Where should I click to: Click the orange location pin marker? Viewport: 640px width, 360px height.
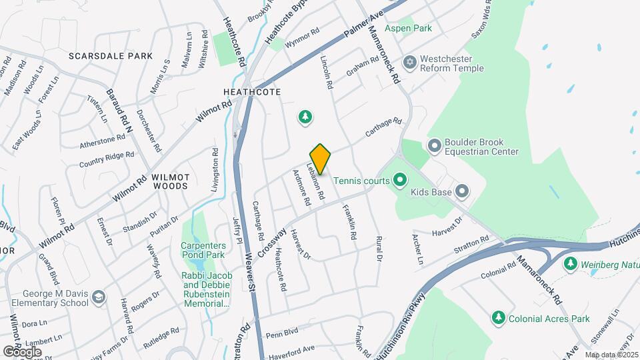point(320,159)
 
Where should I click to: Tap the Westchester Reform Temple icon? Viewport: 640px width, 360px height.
point(410,62)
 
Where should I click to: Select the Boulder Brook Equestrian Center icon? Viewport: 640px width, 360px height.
point(435,145)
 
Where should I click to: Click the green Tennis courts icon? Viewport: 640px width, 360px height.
point(399,179)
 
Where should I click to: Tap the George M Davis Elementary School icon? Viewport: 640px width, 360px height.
point(99,297)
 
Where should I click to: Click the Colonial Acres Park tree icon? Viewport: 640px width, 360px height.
point(497,317)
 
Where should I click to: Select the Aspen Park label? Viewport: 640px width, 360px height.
point(408,28)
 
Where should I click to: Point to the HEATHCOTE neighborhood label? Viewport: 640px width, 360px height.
point(252,91)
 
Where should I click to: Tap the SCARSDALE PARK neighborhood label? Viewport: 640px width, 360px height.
point(111,57)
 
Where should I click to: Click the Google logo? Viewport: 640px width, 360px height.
point(22,351)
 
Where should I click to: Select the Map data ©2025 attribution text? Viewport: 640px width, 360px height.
point(612,355)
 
